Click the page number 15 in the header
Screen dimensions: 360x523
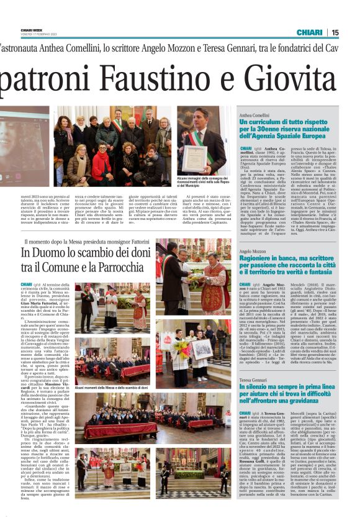(352, 32)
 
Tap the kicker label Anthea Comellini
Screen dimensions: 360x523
(254, 116)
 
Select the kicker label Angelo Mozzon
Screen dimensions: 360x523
(252, 252)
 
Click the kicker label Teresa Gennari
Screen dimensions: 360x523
(252, 378)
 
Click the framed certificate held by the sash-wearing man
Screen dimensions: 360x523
(197, 151)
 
